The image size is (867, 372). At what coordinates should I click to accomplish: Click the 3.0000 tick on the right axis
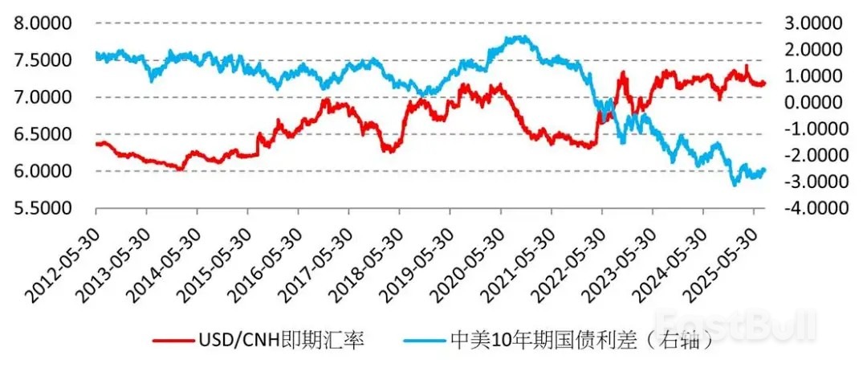(814, 22)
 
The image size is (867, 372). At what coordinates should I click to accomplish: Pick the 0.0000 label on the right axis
(814, 102)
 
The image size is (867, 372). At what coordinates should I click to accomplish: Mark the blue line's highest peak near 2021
(520, 37)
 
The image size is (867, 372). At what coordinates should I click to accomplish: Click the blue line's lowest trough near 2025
(734, 185)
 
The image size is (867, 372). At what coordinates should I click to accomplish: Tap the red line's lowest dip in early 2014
(180, 169)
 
